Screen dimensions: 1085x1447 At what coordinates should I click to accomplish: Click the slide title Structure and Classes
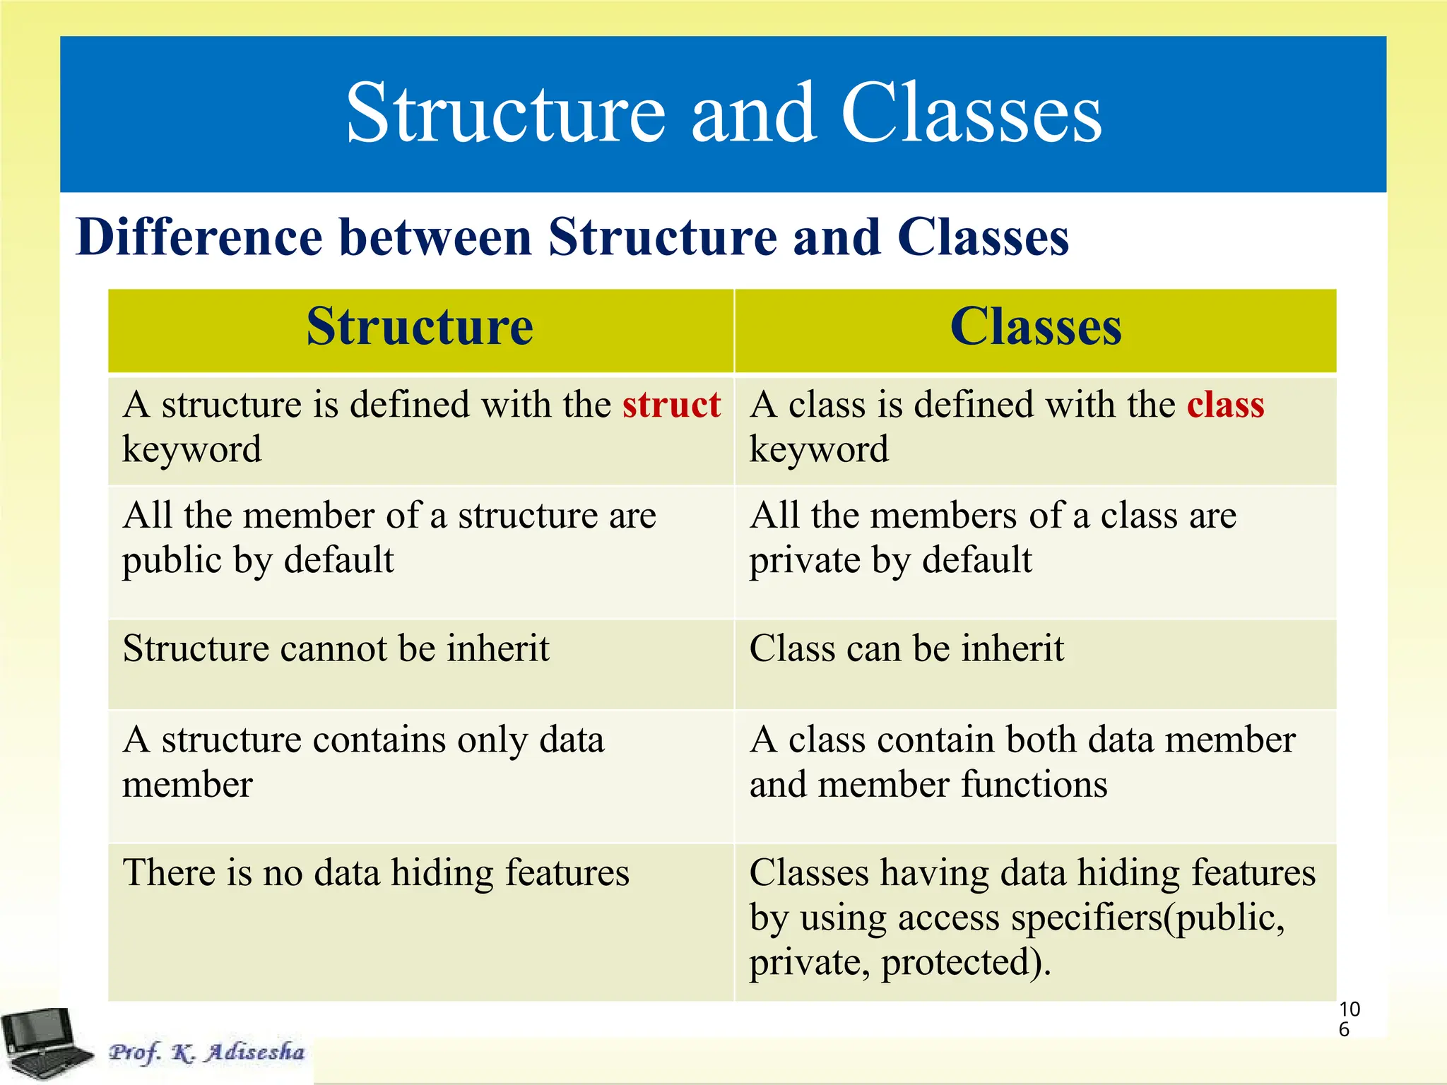coord(723,113)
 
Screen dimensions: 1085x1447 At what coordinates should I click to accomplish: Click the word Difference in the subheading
coord(199,237)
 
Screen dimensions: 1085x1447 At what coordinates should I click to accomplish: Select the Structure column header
coord(420,327)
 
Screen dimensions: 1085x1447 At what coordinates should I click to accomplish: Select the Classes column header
coord(1036,327)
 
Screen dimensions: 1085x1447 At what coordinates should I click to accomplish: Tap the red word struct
coord(671,405)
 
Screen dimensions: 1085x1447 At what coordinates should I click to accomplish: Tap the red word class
coord(1225,405)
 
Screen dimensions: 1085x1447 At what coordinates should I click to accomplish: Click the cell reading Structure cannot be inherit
coord(336,648)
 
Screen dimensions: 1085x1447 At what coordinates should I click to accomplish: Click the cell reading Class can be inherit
coord(906,648)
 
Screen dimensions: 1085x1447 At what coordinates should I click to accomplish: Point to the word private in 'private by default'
coord(804,561)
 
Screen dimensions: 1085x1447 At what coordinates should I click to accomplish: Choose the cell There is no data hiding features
coord(376,873)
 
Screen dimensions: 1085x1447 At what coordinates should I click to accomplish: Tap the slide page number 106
coord(1349,1019)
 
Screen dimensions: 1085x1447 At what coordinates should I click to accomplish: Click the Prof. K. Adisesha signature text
coord(206,1052)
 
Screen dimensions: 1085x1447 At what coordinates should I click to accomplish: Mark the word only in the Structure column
coord(492,740)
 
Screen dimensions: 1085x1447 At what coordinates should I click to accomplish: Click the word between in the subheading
coord(435,237)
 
